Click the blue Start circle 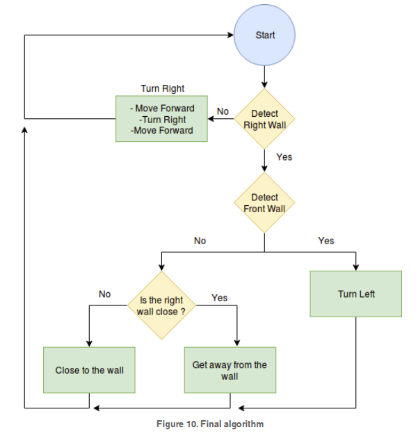(264, 35)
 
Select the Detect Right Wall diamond (264, 119)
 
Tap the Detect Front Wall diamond (264, 202)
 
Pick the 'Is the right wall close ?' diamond (161, 305)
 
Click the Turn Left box (356, 294)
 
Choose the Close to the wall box (89, 370)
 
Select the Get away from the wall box (230, 370)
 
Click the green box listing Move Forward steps (161, 119)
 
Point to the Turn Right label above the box (162, 88)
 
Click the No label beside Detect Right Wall (223, 111)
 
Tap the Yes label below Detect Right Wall (284, 157)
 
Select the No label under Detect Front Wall (200, 241)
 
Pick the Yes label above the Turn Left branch (326, 241)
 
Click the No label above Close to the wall (105, 294)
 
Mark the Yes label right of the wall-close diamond (220, 298)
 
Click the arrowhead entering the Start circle (231, 35)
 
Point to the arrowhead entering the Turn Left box (356, 267)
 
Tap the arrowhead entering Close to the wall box (89, 344)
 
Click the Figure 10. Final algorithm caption (210, 424)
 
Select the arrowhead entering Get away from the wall (237, 344)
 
